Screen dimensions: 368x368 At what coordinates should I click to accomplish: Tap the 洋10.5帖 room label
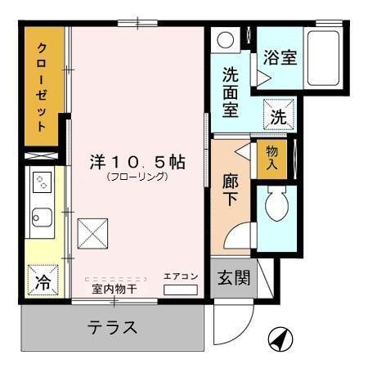click(x=137, y=161)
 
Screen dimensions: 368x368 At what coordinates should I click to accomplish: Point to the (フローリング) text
click(x=137, y=177)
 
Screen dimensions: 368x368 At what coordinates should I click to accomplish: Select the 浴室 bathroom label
click(x=280, y=58)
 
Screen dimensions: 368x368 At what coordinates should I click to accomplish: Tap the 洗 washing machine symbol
click(x=278, y=116)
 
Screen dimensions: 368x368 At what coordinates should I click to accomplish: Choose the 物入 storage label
click(x=272, y=156)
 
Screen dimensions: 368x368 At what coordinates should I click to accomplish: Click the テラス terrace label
click(x=111, y=329)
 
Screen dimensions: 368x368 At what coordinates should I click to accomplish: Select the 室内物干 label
click(x=114, y=289)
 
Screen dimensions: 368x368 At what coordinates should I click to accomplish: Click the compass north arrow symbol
click(x=280, y=338)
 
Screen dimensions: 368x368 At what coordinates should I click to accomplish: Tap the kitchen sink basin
click(x=41, y=218)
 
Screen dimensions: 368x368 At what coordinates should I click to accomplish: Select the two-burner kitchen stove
click(x=40, y=185)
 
